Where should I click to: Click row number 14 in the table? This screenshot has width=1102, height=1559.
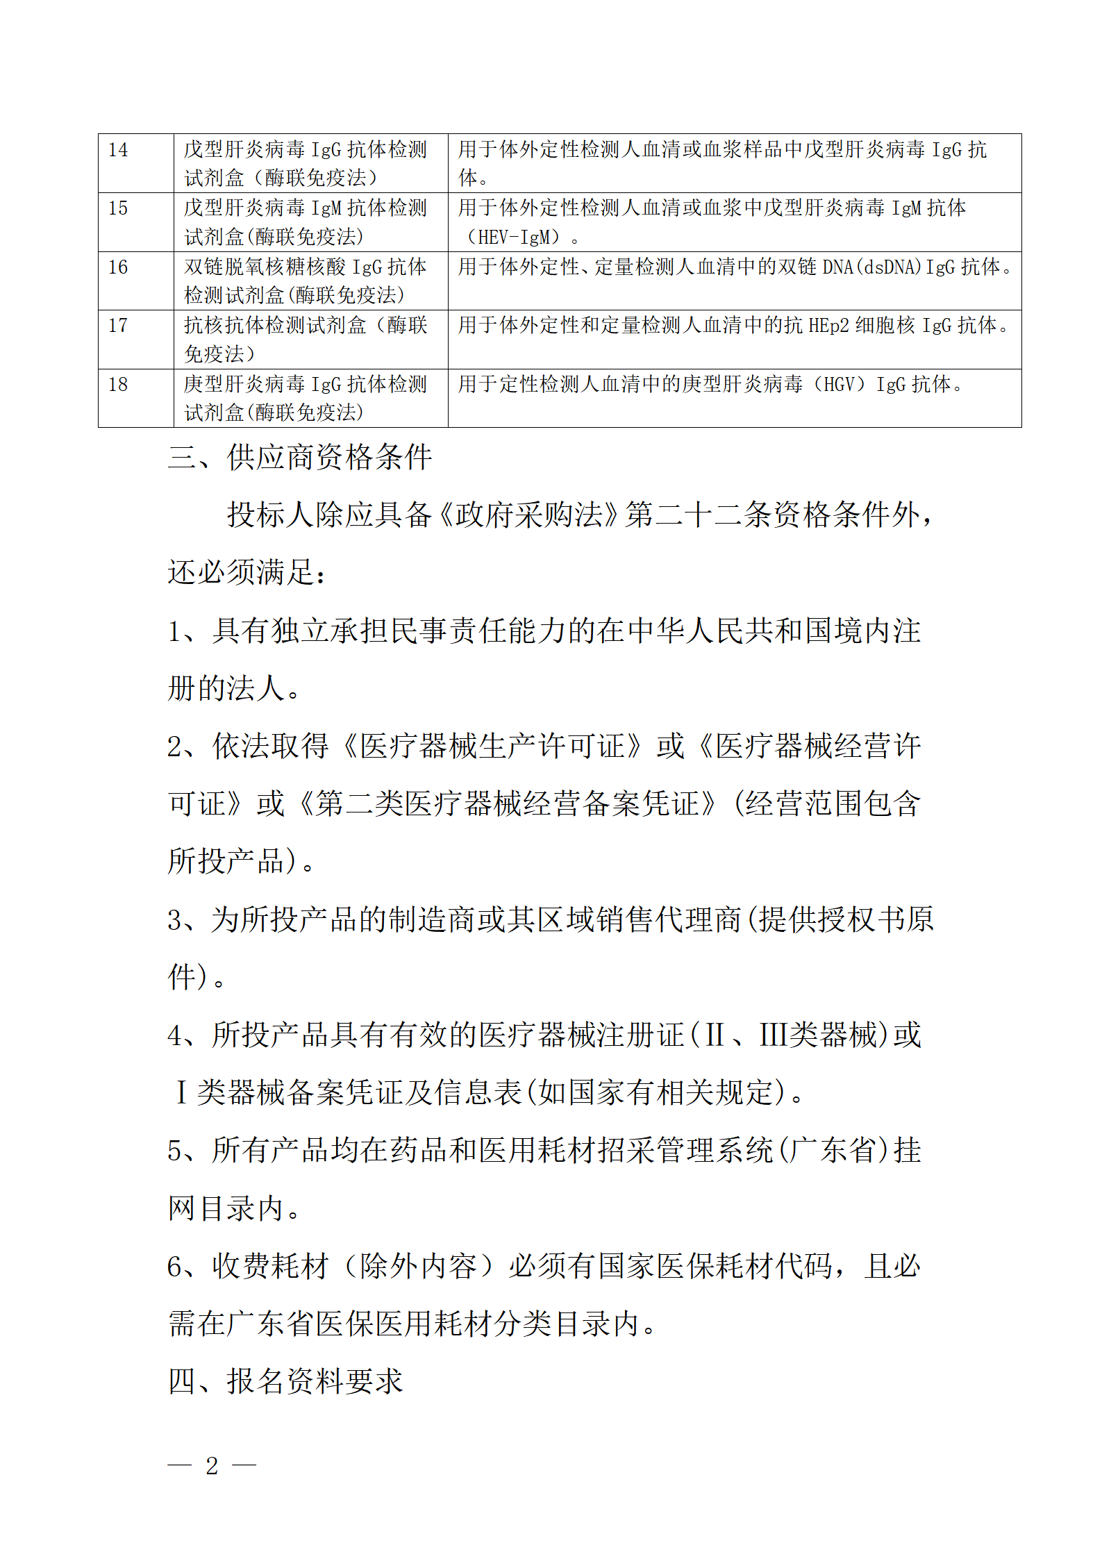(118, 150)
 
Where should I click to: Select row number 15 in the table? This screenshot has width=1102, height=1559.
(118, 208)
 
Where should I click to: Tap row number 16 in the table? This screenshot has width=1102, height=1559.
(118, 267)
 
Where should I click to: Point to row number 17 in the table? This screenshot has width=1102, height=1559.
(118, 326)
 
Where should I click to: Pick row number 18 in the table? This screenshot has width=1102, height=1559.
(118, 385)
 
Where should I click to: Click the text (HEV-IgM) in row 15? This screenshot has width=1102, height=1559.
(512, 237)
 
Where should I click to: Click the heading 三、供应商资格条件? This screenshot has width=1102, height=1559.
(300, 458)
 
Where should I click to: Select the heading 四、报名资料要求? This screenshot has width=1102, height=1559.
(285, 1381)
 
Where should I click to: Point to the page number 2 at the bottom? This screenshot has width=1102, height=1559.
(212, 1465)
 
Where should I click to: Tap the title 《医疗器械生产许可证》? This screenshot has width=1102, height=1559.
(492, 747)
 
